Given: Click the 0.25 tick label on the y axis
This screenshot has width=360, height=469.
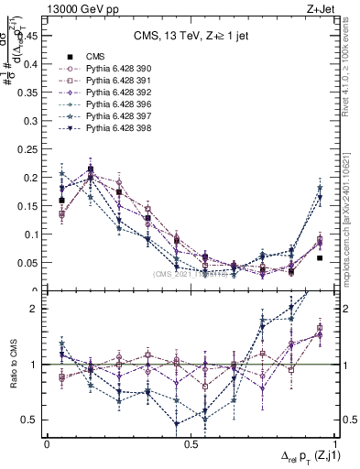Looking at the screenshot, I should pyautogui.click(x=30, y=148).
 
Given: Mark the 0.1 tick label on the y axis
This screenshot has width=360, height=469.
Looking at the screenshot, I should pyautogui.click(x=33, y=234).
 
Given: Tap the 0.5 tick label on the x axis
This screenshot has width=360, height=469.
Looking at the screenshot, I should pyautogui.click(x=191, y=444).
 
